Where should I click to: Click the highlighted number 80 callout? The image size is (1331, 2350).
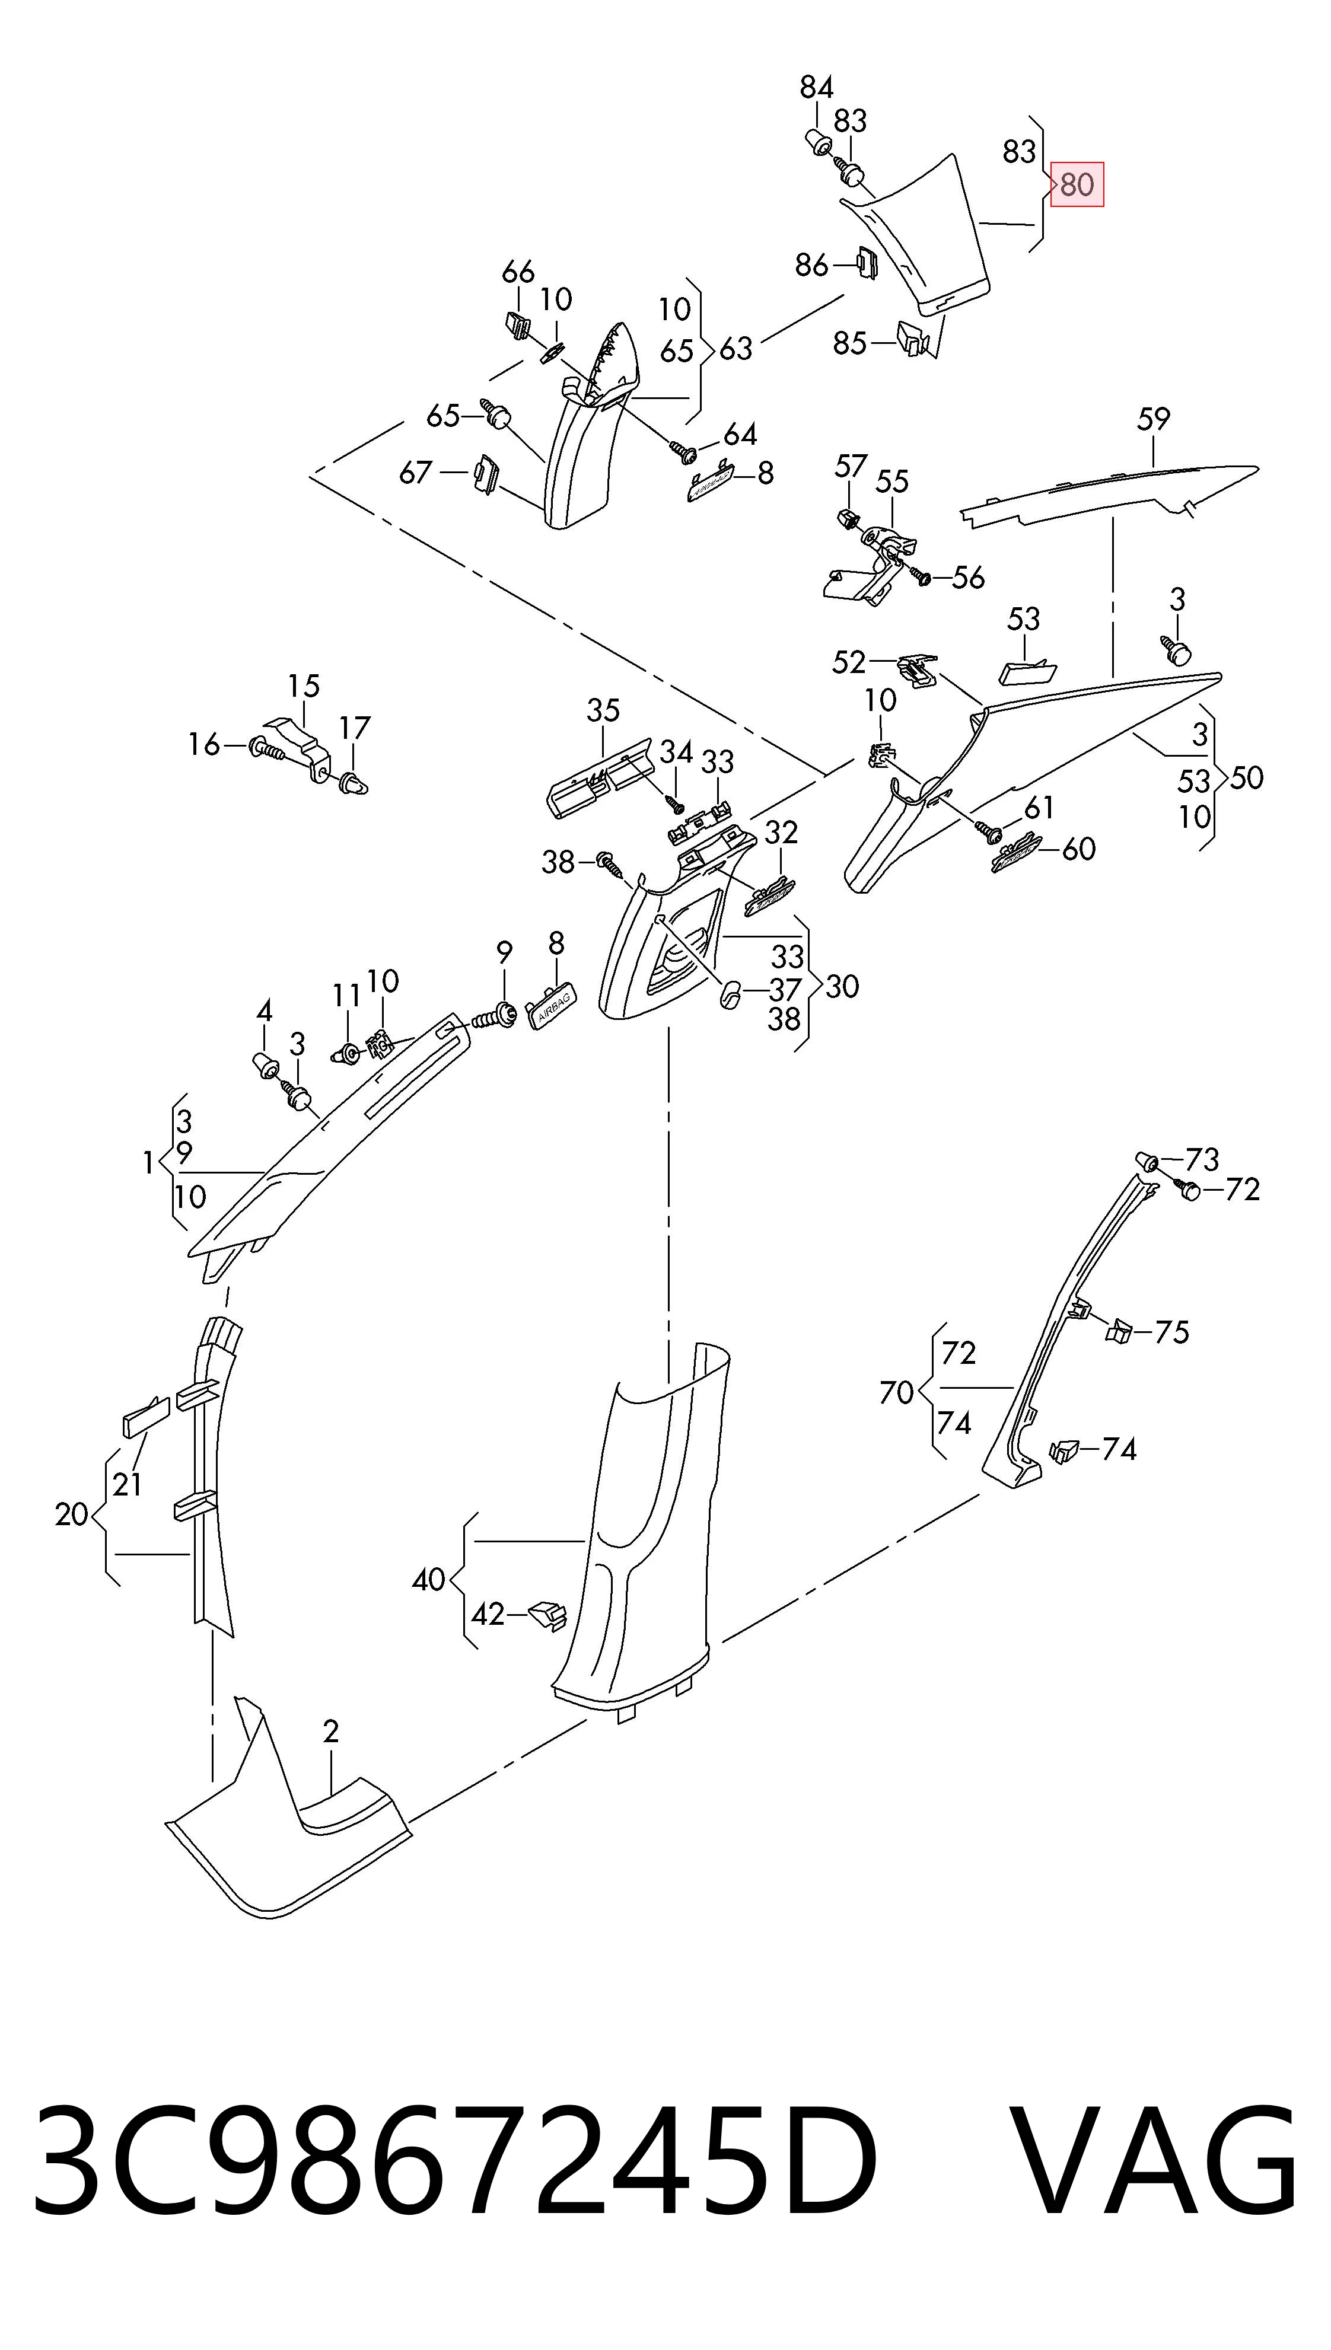click(x=1077, y=184)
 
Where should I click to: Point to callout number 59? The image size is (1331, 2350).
click(x=1154, y=419)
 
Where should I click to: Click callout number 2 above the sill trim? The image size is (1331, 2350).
click(x=331, y=1732)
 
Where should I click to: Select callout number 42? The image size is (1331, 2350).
click(x=488, y=1615)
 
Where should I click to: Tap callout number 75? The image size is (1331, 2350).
click(x=1172, y=1333)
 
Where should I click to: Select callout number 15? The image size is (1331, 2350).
click(x=304, y=685)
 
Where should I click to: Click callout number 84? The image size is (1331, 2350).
click(x=816, y=88)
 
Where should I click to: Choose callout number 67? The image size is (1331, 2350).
click(x=416, y=473)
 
